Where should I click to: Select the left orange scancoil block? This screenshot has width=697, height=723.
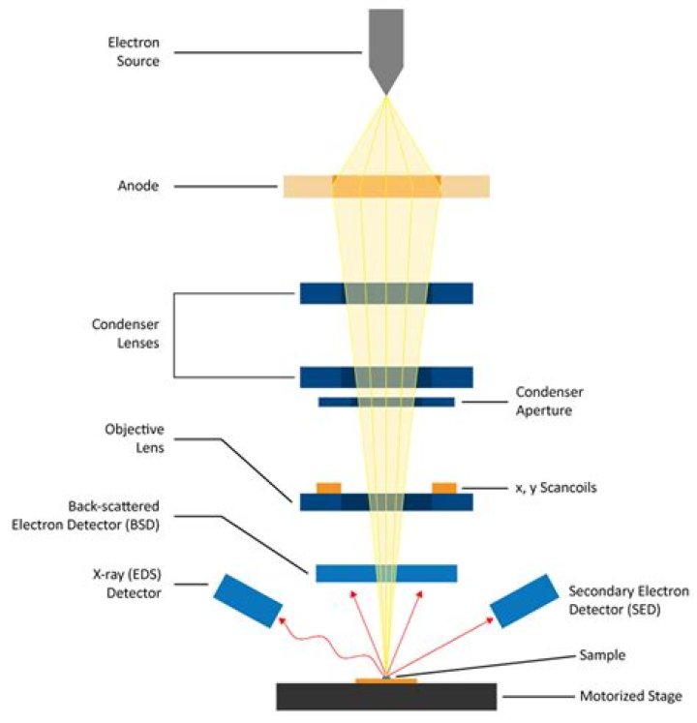pyautogui.click(x=329, y=487)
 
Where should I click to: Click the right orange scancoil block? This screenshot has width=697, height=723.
pyautogui.click(x=443, y=487)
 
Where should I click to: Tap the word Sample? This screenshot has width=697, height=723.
pyautogui.click(x=600, y=655)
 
